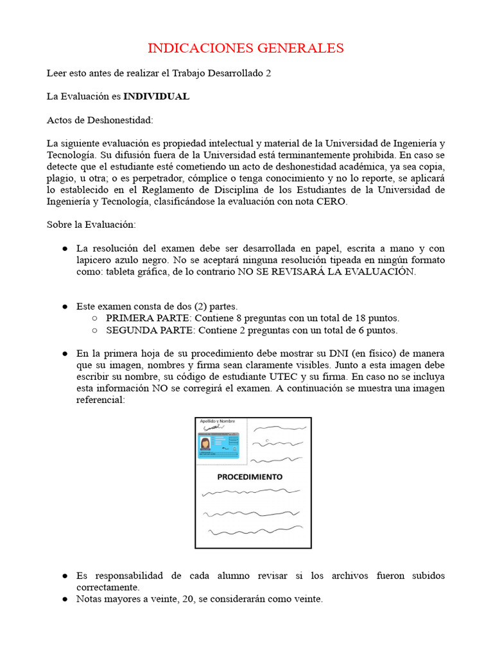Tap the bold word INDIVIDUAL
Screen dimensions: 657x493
(x=156, y=96)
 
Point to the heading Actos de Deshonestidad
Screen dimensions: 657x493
(x=100, y=120)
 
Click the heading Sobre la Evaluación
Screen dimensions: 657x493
(x=91, y=225)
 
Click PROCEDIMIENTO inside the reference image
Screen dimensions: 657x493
(x=250, y=477)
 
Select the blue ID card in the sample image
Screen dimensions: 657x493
(x=219, y=443)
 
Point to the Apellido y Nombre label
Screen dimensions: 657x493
(x=218, y=421)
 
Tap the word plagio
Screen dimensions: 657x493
(x=60, y=178)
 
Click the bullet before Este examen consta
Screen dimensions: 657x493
(x=65, y=307)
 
